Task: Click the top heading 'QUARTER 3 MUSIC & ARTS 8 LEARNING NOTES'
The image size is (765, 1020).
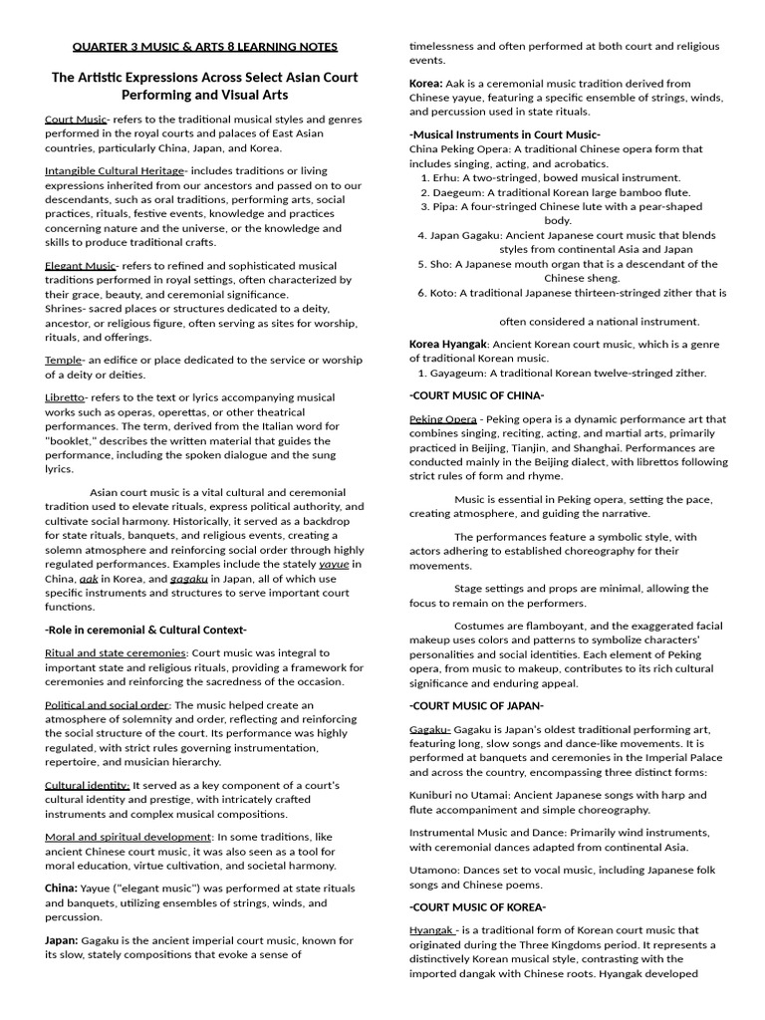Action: (205, 46)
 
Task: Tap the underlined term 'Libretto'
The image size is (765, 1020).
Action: (65, 397)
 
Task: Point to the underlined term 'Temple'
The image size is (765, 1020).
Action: (63, 360)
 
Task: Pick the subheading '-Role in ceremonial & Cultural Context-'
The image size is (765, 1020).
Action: (145, 630)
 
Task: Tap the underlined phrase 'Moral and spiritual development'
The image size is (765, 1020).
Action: (127, 837)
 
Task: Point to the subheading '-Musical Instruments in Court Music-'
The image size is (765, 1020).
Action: (505, 133)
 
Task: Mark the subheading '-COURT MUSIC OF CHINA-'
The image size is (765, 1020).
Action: (476, 395)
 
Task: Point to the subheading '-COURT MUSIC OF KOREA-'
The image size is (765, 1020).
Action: (477, 906)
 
